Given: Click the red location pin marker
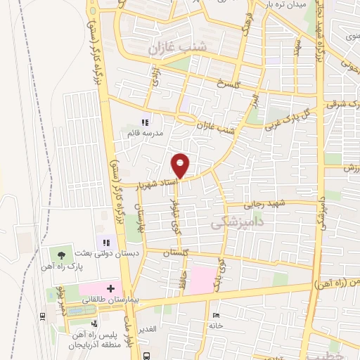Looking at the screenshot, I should tap(181, 165).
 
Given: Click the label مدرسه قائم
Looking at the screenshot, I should tap(145, 132).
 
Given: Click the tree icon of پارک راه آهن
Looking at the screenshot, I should tap(62, 255).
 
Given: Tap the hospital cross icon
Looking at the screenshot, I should tap(110, 288).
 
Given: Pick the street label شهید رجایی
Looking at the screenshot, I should tap(262, 205).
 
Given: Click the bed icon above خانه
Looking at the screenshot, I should tap(215, 314).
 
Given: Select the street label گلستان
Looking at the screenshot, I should tap(176, 252).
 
